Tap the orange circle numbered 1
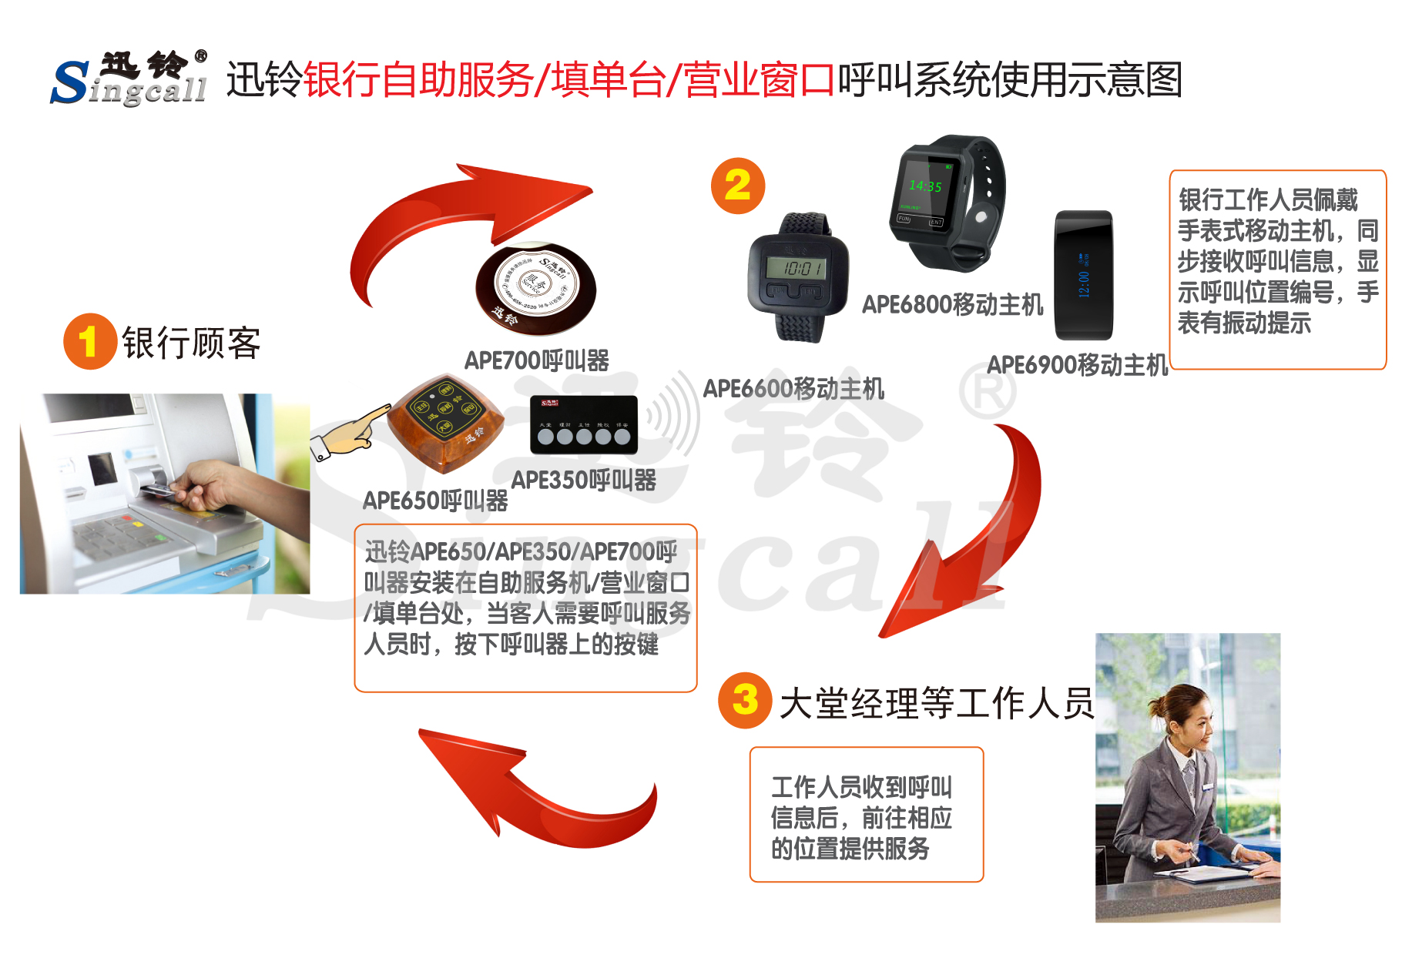(89, 341)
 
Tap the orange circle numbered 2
(737, 186)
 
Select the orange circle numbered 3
(745, 700)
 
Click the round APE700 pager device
(535, 289)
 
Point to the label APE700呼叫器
(536, 360)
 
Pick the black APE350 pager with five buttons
(584, 424)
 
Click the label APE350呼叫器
(583, 481)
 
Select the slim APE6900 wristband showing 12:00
(1083, 275)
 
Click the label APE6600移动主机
(793, 389)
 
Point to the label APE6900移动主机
(1077, 365)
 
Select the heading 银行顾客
(191, 343)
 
